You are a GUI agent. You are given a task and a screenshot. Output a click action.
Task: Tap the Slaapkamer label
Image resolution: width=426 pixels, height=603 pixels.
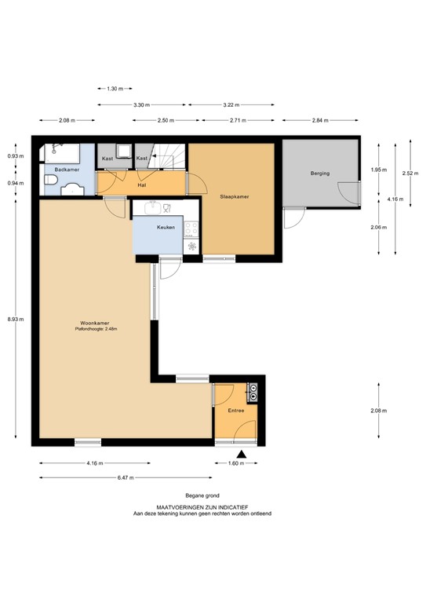click(235, 197)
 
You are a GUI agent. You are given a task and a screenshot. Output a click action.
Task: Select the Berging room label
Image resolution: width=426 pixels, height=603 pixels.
click(319, 173)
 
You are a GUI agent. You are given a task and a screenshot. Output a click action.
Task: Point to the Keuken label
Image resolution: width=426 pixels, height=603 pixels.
click(165, 227)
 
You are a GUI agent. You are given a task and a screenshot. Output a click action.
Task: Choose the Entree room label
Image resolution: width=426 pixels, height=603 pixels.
click(235, 411)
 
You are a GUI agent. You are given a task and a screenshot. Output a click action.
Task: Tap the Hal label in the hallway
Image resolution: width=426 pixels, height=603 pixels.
click(141, 186)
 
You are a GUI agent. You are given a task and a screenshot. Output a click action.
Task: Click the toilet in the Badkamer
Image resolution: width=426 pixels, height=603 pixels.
click(50, 184)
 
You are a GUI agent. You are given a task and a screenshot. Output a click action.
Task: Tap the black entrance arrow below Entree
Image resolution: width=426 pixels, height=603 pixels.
click(242, 454)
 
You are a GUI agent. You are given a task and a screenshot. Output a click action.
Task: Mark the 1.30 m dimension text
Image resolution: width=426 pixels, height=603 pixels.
click(115, 89)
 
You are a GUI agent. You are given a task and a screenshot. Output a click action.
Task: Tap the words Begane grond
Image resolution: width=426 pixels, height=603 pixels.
click(202, 495)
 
